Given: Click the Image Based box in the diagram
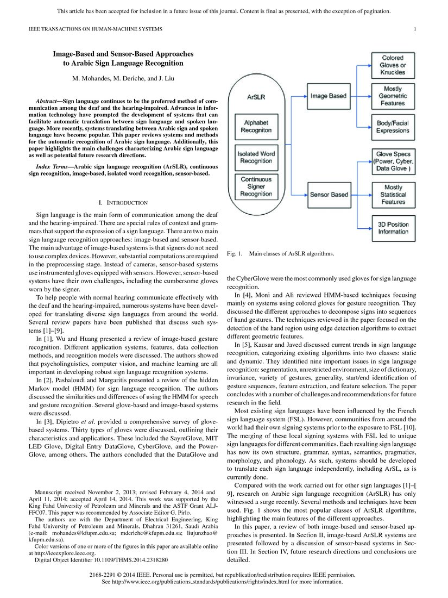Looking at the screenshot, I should coord(328,96).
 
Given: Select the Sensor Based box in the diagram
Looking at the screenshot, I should coord(328,194).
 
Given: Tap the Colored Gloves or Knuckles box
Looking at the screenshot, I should coord(393,65).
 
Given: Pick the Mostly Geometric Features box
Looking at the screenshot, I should coord(393,96).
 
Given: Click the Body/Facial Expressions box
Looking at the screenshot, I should coord(393,127).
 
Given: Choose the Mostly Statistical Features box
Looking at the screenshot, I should coord(393,194).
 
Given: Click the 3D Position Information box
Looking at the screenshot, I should coord(393,228).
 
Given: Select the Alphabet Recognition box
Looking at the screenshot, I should coord(256,127).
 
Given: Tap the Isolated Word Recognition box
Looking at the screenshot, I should coord(256,157).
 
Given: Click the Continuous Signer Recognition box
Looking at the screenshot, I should coord(256,186).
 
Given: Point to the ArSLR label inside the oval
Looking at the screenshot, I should coord(256,97).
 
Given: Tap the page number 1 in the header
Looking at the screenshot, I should coord(415,29).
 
